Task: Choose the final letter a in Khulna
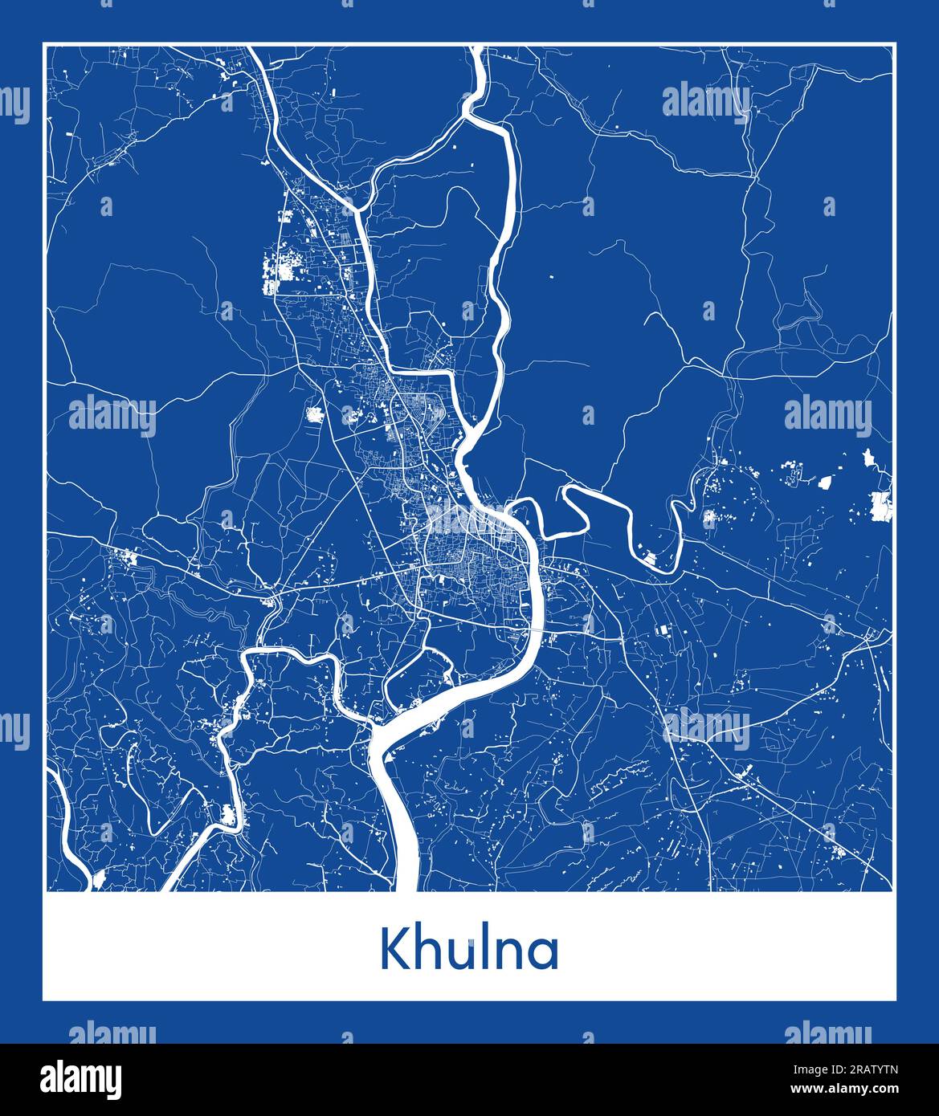[x=546, y=953]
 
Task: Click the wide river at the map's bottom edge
[x=406, y=875]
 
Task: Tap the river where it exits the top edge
[x=478, y=53]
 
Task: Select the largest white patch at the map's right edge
[x=881, y=506]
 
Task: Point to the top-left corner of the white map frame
[x=44, y=44]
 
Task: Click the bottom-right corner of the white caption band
[x=896, y=1000]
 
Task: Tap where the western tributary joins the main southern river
[x=374, y=727]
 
